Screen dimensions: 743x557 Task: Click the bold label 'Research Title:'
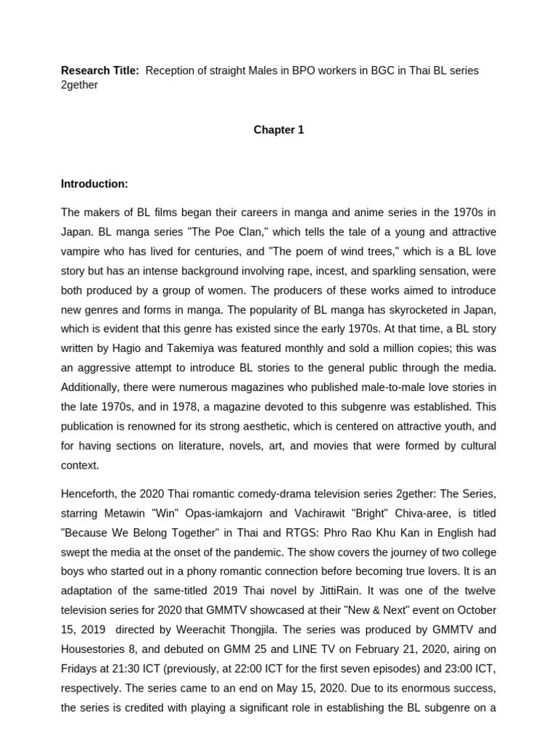(x=99, y=70)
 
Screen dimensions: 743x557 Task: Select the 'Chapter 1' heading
(x=278, y=130)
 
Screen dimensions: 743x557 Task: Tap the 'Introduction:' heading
(x=94, y=184)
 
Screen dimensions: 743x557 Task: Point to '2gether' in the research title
(x=79, y=85)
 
